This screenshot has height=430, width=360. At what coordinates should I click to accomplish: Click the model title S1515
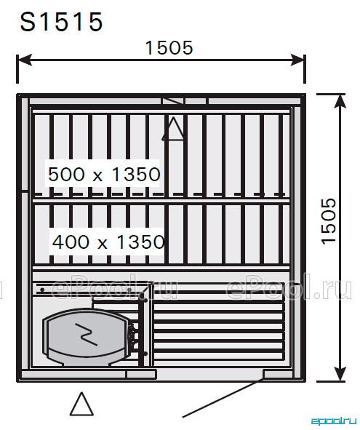point(61,22)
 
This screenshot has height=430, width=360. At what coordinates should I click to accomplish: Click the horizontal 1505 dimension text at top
point(169,48)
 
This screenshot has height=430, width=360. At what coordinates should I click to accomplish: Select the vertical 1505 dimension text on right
point(329,220)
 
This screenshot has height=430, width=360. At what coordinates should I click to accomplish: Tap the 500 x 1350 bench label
point(104,174)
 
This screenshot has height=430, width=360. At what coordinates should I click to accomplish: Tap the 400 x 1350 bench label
point(108,242)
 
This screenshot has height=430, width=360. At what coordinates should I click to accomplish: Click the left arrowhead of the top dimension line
point(25,60)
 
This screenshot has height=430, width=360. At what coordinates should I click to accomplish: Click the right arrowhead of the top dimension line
point(297,60)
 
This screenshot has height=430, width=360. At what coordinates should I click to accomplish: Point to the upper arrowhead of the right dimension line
point(340,102)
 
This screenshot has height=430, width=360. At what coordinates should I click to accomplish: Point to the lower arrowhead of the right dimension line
point(340,373)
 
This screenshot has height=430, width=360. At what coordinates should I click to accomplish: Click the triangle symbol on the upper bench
point(173,129)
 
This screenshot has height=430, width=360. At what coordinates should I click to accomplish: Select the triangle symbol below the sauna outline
point(81,403)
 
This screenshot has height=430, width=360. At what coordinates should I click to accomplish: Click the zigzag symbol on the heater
point(86,334)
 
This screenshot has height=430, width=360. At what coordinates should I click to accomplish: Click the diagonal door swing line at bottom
point(223,397)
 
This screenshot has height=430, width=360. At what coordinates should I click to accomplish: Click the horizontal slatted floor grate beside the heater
point(218,327)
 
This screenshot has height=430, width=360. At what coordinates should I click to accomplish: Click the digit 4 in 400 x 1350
point(59,242)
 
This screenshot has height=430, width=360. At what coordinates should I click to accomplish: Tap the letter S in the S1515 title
point(28,22)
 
